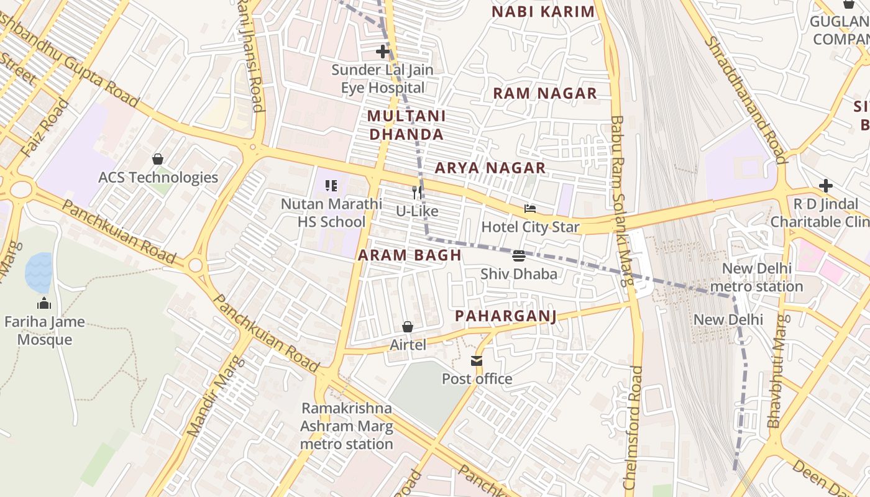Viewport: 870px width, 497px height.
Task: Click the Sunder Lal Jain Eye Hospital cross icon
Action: coord(383,52)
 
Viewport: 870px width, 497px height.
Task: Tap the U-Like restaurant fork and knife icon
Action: coord(418,193)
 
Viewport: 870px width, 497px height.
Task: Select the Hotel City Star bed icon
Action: coord(530,209)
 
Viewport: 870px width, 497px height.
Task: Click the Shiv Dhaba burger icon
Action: coord(519,255)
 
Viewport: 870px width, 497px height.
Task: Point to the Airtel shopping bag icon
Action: coord(408,327)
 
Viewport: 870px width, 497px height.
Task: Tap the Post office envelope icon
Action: coord(477,361)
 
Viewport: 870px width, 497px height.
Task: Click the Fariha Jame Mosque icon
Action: coord(44,304)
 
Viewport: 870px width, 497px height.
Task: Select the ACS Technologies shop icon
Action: coord(158,159)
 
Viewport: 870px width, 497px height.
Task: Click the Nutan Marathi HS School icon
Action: coord(331,185)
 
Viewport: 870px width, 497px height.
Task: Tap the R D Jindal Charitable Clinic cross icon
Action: coord(825,185)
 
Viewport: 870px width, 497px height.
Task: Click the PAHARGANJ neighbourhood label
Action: coord(505,316)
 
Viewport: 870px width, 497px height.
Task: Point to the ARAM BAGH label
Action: coord(410,255)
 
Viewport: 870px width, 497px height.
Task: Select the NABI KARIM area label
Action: coord(543,12)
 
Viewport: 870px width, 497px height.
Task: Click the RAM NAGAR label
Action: coord(544,94)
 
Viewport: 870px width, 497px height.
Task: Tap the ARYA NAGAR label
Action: coord(490,168)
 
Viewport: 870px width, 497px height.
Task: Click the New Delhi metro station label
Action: coord(756,278)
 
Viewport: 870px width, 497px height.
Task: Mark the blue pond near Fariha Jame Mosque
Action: coord(39,272)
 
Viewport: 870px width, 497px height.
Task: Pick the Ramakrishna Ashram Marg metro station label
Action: coord(347,426)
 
